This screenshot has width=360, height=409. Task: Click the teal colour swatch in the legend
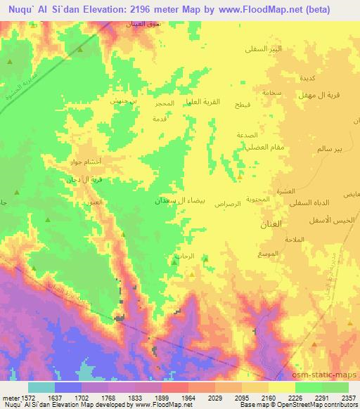pyautogui.click(x=41, y=387)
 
